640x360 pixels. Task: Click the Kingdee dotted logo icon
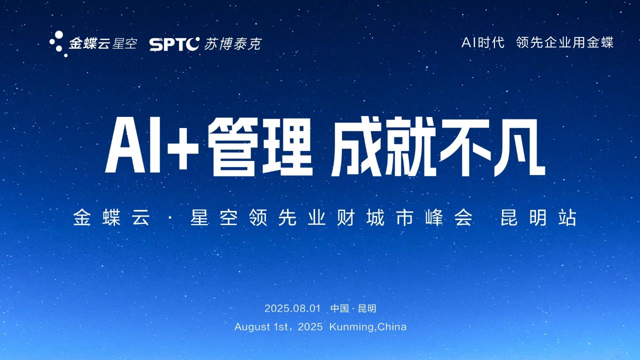coord(58,44)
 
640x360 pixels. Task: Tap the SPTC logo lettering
coord(174,44)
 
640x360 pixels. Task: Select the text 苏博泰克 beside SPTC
coord(232,44)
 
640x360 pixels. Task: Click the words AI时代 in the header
coord(482,43)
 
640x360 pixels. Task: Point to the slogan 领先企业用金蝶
coord(564,43)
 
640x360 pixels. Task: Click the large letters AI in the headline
coord(132,147)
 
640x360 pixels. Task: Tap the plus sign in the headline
coord(182,149)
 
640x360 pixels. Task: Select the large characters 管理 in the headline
coord(259,147)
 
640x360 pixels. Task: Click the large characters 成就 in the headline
coord(383,147)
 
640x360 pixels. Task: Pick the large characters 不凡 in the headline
coord(492,147)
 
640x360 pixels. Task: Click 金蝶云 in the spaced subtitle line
coord(111,218)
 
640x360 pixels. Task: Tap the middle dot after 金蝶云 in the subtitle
coord(170,218)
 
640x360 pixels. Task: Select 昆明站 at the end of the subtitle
coord(538,218)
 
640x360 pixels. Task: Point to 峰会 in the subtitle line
coord(448,218)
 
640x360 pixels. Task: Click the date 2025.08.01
coord(292,308)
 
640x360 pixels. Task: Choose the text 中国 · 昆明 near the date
coord(353,308)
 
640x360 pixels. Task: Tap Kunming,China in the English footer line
coord(368,327)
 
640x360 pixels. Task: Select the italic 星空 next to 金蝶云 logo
coord(124,43)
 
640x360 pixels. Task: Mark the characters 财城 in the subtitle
coord(360,218)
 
